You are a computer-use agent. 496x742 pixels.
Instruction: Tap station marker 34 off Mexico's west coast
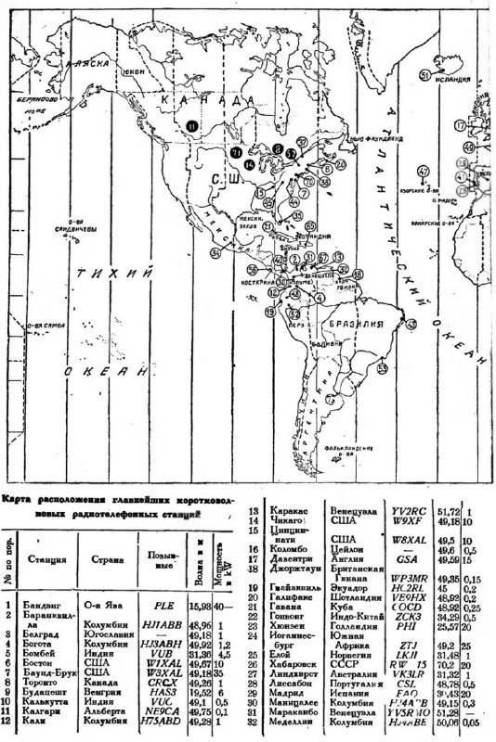pyautogui.click(x=215, y=251)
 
